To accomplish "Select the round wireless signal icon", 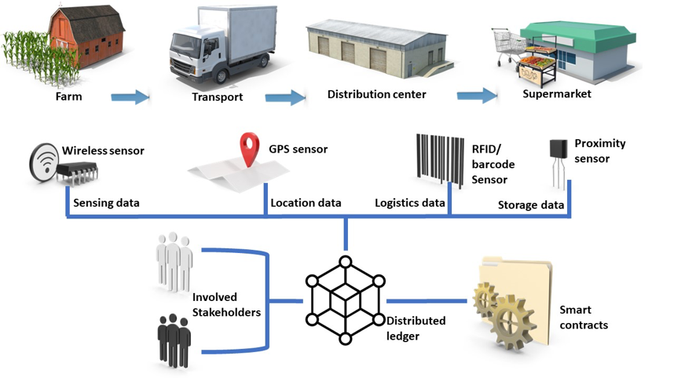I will point(45,164).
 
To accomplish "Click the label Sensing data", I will point(106,203).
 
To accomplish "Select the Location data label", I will point(306,203).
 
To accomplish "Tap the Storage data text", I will point(531,206).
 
